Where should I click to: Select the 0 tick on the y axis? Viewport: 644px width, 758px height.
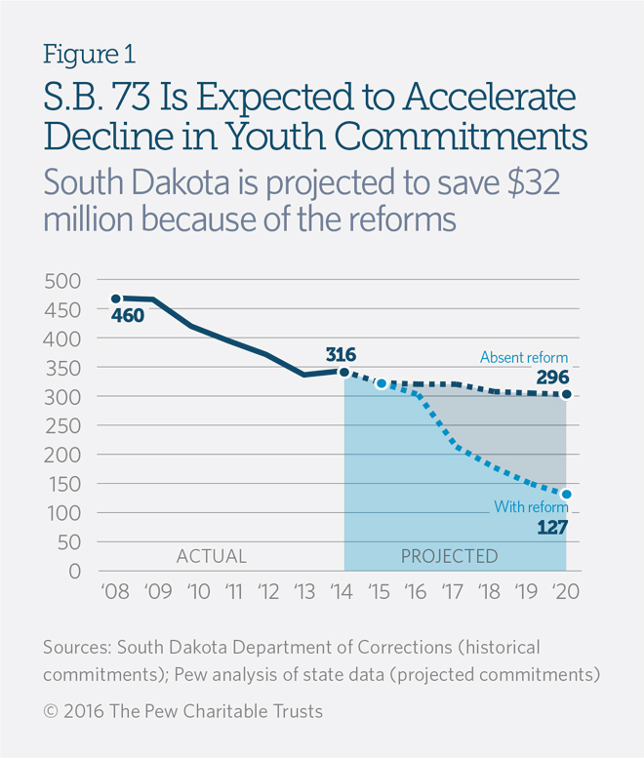point(74,572)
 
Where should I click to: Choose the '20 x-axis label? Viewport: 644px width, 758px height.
point(566,593)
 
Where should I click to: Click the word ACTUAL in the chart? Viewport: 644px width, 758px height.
point(211,557)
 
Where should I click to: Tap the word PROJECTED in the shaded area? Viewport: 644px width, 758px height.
point(449,557)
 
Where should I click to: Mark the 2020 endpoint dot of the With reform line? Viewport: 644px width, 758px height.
point(566,495)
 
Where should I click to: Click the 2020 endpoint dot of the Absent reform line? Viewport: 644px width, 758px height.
point(566,395)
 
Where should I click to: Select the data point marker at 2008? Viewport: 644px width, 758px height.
point(115,299)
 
